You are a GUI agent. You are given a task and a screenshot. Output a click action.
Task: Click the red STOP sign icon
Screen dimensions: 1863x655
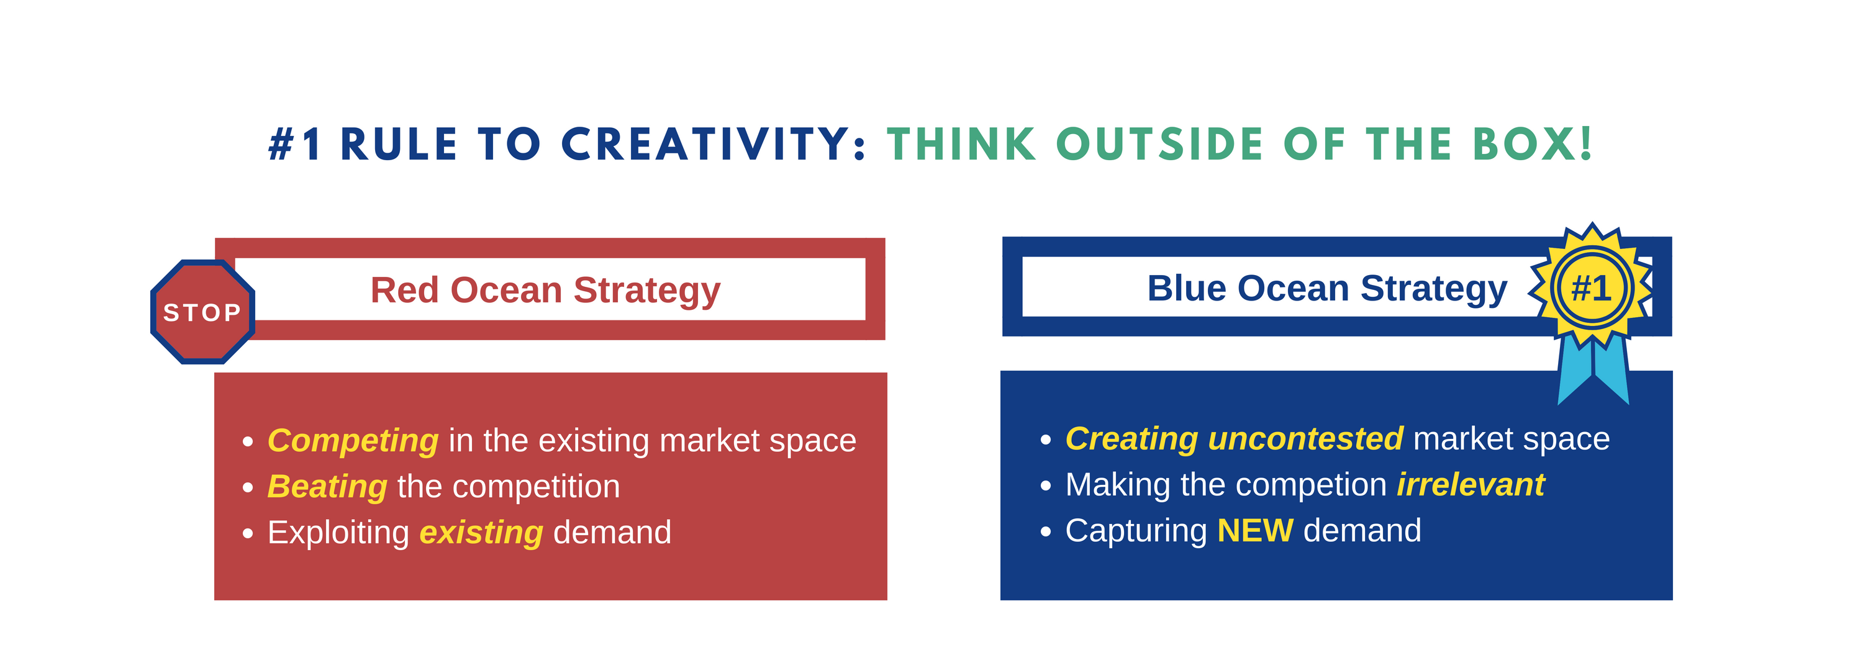click(202, 312)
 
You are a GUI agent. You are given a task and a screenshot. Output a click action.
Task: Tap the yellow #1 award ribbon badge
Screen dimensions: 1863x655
click(1592, 287)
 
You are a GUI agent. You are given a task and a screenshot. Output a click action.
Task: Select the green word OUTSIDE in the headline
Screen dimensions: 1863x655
click(1160, 144)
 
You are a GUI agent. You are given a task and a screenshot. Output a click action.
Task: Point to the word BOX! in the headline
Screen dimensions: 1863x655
click(1533, 144)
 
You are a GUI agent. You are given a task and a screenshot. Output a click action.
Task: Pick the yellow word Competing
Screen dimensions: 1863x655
click(353, 441)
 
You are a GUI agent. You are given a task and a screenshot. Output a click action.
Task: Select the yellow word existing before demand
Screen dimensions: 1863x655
click(481, 533)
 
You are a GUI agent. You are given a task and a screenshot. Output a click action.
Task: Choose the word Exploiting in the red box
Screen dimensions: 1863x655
click(338, 533)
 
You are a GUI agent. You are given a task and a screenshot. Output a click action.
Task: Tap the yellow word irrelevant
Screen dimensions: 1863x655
click(1471, 484)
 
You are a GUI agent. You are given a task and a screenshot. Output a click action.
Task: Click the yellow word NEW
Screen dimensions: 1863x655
click(1255, 531)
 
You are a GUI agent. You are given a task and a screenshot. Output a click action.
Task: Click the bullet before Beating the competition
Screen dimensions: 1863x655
click(248, 488)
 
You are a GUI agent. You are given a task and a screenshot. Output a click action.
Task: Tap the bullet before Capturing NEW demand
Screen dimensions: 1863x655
click(1045, 531)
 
